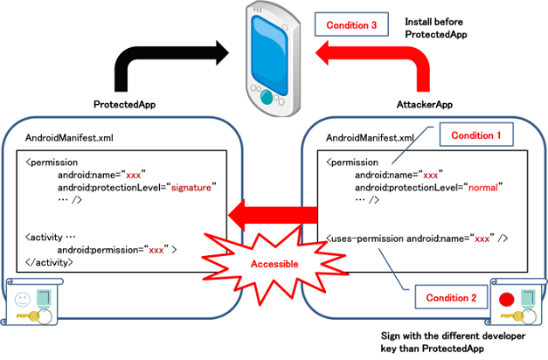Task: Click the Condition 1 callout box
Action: tap(475, 135)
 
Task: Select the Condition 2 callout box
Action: tap(450, 298)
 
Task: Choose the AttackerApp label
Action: tap(425, 104)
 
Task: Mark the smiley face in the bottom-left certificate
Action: tap(23, 298)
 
